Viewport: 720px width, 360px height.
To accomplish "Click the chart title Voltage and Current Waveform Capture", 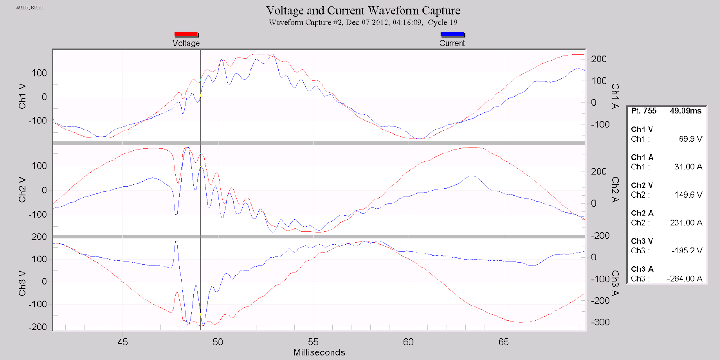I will (363, 10).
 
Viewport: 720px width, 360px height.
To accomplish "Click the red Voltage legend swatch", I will (186, 34).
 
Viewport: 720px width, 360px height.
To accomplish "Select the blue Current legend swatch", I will (452, 34).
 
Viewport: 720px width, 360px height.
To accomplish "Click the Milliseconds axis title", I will (319, 352).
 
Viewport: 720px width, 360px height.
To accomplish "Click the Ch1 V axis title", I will (22, 97).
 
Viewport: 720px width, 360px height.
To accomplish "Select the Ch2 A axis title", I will (615, 191).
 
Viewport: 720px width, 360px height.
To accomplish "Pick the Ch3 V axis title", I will (22, 282).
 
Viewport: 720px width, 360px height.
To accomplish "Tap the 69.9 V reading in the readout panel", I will (690, 139).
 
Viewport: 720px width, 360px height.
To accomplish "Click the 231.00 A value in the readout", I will (686, 222).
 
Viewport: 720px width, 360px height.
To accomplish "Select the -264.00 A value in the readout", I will (684, 279).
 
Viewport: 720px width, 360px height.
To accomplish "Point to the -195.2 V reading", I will (687, 251).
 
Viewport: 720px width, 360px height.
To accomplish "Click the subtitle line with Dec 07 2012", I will (363, 22).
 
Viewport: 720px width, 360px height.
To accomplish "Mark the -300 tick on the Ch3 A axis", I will (600, 322).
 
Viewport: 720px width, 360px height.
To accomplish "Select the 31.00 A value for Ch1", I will (688, 167).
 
